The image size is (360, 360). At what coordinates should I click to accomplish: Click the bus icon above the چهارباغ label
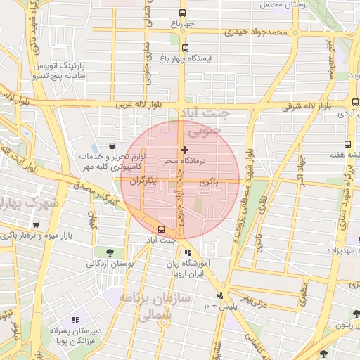(183, 13)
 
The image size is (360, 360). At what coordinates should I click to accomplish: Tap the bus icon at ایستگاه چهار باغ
(185, 49)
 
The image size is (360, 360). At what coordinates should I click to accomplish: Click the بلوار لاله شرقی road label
(310, 107)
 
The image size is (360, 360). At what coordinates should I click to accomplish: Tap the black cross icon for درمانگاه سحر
(184, 150)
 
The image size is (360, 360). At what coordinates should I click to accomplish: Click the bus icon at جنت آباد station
(162, 229)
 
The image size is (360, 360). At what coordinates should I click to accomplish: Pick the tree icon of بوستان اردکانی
(108, 252)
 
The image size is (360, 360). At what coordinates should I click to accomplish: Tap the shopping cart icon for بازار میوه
(35, 224)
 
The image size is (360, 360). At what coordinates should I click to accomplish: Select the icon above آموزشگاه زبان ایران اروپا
(187, 252)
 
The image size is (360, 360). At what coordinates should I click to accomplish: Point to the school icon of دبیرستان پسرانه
(75, 321)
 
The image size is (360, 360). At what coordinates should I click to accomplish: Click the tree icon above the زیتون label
(356, 314)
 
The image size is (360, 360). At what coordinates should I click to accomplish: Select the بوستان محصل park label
(281, 5)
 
